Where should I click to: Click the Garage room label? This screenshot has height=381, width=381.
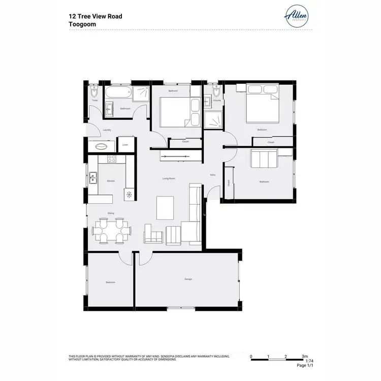pyautogui.click(x=188, y=279)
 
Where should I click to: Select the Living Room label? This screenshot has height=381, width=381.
pyautogui.click(x=169, y=178)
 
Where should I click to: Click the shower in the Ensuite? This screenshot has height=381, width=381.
pyautogui.click(x=213, y=119)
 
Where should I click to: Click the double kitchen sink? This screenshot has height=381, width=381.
pyautogui.click(x=93, y=178)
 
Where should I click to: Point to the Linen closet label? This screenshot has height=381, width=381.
pyautogui.click(x=125, y=145)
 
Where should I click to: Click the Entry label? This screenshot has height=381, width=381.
pyautogui.click(x=213, y=175)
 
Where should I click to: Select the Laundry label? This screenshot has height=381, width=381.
pyautogui.click(x=107, y=130)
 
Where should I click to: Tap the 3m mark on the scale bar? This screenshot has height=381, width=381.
pyautogui.click(x=304, y=357)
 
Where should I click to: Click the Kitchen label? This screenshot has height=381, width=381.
pyautogui.click(x=111, y=181)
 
